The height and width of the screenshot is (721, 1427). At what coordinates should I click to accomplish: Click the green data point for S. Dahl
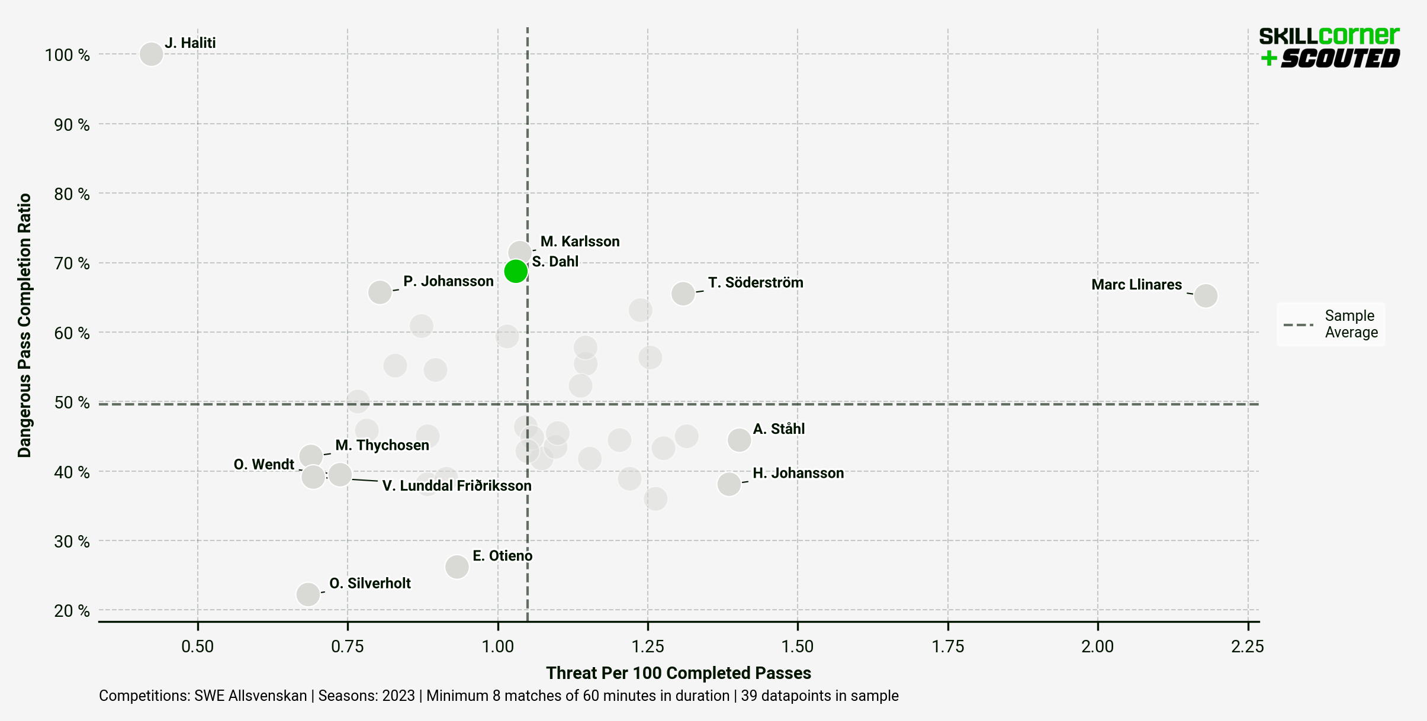[x=516, y=271]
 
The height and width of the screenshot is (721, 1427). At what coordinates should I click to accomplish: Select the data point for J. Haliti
[x=151, y=54]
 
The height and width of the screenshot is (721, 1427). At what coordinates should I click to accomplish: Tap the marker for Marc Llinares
[x=1206, y=295]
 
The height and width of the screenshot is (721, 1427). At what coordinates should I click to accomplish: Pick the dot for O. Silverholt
[x=308, y=594]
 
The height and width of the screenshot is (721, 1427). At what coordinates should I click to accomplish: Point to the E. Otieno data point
[x=457, y=566]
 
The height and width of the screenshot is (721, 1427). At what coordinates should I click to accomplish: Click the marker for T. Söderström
[x=683, y=293]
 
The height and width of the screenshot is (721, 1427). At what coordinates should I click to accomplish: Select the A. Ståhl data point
[x=739, y=440]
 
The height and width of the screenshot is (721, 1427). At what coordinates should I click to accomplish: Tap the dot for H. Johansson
[x=729, y=484]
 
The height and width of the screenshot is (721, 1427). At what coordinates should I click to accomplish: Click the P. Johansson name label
[x=448, y=281]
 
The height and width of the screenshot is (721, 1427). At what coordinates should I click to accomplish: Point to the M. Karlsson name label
[x=580, y=242]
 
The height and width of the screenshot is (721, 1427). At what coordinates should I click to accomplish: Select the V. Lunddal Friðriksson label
[x=457, y=486]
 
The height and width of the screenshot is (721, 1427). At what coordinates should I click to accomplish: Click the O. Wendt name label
[x=263, y=465]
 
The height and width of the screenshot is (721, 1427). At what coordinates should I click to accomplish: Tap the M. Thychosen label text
[x=382, y=445]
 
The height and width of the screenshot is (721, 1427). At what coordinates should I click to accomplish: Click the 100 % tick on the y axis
[x=68, y=55]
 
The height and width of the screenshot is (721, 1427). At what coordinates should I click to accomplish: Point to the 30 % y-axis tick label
[x=72, y=542]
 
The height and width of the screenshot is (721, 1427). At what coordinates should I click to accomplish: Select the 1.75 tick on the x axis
[x=948, y=646]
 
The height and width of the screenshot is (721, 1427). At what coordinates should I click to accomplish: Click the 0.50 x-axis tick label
[x=197, y=646]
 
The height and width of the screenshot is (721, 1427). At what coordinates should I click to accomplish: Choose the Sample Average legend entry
[x=1331, y=324]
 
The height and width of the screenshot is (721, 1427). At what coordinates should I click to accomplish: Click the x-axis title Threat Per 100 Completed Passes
[x=678, y=673]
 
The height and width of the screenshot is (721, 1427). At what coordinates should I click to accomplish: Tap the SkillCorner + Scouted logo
[x=1329, y=47]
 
